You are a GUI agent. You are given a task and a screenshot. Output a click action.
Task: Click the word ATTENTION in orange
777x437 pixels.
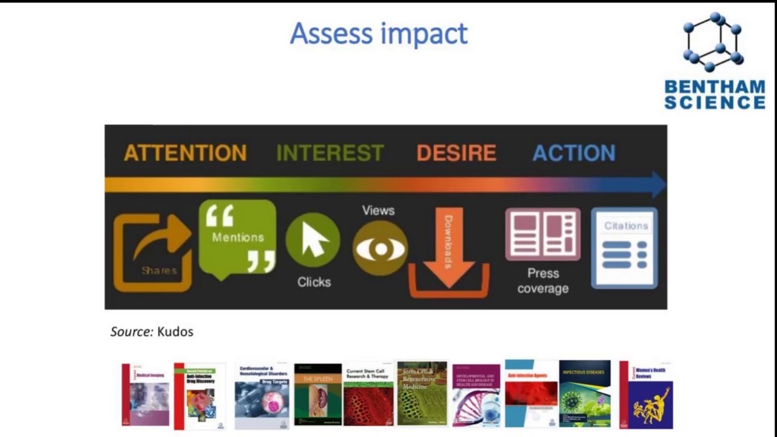click(185, 152)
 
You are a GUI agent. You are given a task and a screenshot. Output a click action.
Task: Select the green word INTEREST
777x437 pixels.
click(330, 152)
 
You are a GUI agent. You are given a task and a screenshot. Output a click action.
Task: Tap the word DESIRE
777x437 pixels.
click(456, 152)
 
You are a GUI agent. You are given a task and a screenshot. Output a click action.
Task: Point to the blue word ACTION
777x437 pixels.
click(574, 152)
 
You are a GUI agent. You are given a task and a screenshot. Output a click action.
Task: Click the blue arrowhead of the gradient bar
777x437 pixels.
click(659, 184)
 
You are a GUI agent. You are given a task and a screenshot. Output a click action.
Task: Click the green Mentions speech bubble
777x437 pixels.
click(237, 238)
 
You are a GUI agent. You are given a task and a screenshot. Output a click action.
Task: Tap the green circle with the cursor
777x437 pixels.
click(313, 240)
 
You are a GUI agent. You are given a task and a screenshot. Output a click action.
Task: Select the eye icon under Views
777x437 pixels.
click(380, 248)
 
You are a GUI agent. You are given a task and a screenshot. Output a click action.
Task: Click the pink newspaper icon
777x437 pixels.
click(543, 234)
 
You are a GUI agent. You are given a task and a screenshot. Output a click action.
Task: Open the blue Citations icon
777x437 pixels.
click(625, 248)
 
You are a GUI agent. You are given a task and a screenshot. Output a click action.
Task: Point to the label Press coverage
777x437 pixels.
click(543, 281)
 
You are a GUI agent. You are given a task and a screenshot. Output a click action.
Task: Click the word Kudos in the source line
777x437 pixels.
click(175, 331)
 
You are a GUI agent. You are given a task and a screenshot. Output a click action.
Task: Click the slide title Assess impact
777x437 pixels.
click(379, 33)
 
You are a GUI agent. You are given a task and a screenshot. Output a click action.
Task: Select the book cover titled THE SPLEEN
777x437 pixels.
click(318, 395)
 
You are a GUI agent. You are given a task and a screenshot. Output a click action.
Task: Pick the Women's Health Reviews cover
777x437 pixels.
click(646, 395)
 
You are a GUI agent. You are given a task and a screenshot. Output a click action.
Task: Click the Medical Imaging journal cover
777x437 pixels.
click(146, 395)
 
